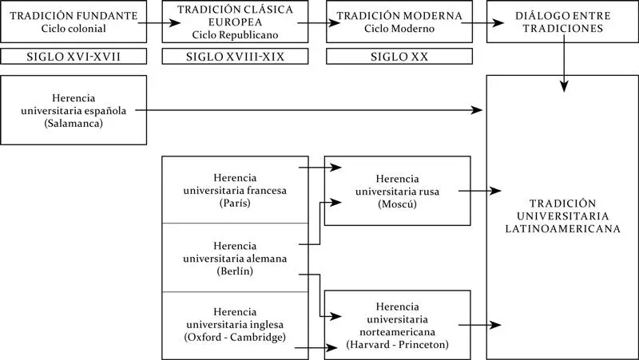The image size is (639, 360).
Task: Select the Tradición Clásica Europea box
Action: point(235,22)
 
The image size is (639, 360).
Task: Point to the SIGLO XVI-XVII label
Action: point(73,57)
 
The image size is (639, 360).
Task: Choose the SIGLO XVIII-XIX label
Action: point(235,57)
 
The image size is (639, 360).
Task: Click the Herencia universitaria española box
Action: point(73,110)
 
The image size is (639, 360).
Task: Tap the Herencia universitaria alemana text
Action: point(235,258)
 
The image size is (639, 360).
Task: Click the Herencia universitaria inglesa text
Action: point(235,324)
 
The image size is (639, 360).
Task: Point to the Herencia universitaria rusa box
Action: point(397,191)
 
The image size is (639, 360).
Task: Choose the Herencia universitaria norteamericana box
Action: point(397,325)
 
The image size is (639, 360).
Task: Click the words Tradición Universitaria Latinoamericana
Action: point(563,216)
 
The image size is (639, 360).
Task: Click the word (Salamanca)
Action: point(74,125)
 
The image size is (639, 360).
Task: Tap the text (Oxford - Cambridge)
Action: point(235,338)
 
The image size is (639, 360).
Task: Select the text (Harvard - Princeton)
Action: point(397,345)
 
